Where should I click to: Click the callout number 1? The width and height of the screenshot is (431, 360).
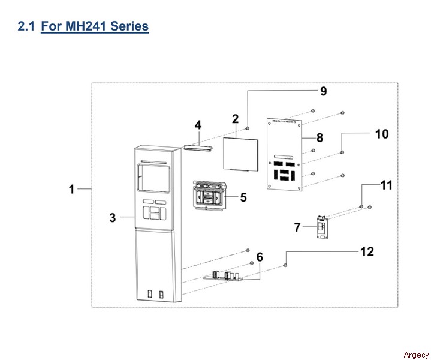click(71, 189)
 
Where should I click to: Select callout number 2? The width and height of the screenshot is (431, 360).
click(236, 119)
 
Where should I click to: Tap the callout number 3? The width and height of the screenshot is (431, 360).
click(113, 217)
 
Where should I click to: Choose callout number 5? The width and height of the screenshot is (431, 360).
click(243, 196)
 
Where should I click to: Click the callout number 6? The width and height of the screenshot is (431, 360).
click(260, 257)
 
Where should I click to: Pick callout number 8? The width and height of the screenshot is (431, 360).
click(320, 137)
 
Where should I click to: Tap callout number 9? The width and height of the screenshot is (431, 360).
click(323, 91)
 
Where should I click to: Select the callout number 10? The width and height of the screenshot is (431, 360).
click(382, 133)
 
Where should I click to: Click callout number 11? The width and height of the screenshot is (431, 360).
click(387, 185)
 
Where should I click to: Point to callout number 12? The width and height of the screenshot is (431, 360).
click(367, 251)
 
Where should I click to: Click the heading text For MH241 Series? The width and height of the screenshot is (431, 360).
click(95, 26)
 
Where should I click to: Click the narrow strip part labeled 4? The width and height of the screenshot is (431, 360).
click(198, 146)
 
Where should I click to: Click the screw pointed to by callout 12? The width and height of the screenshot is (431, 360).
click(285, 265)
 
